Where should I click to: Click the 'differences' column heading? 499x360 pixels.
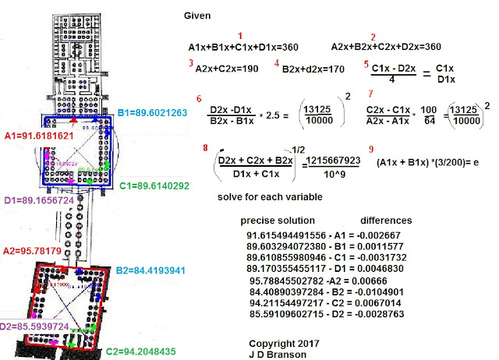click(386, 221)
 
